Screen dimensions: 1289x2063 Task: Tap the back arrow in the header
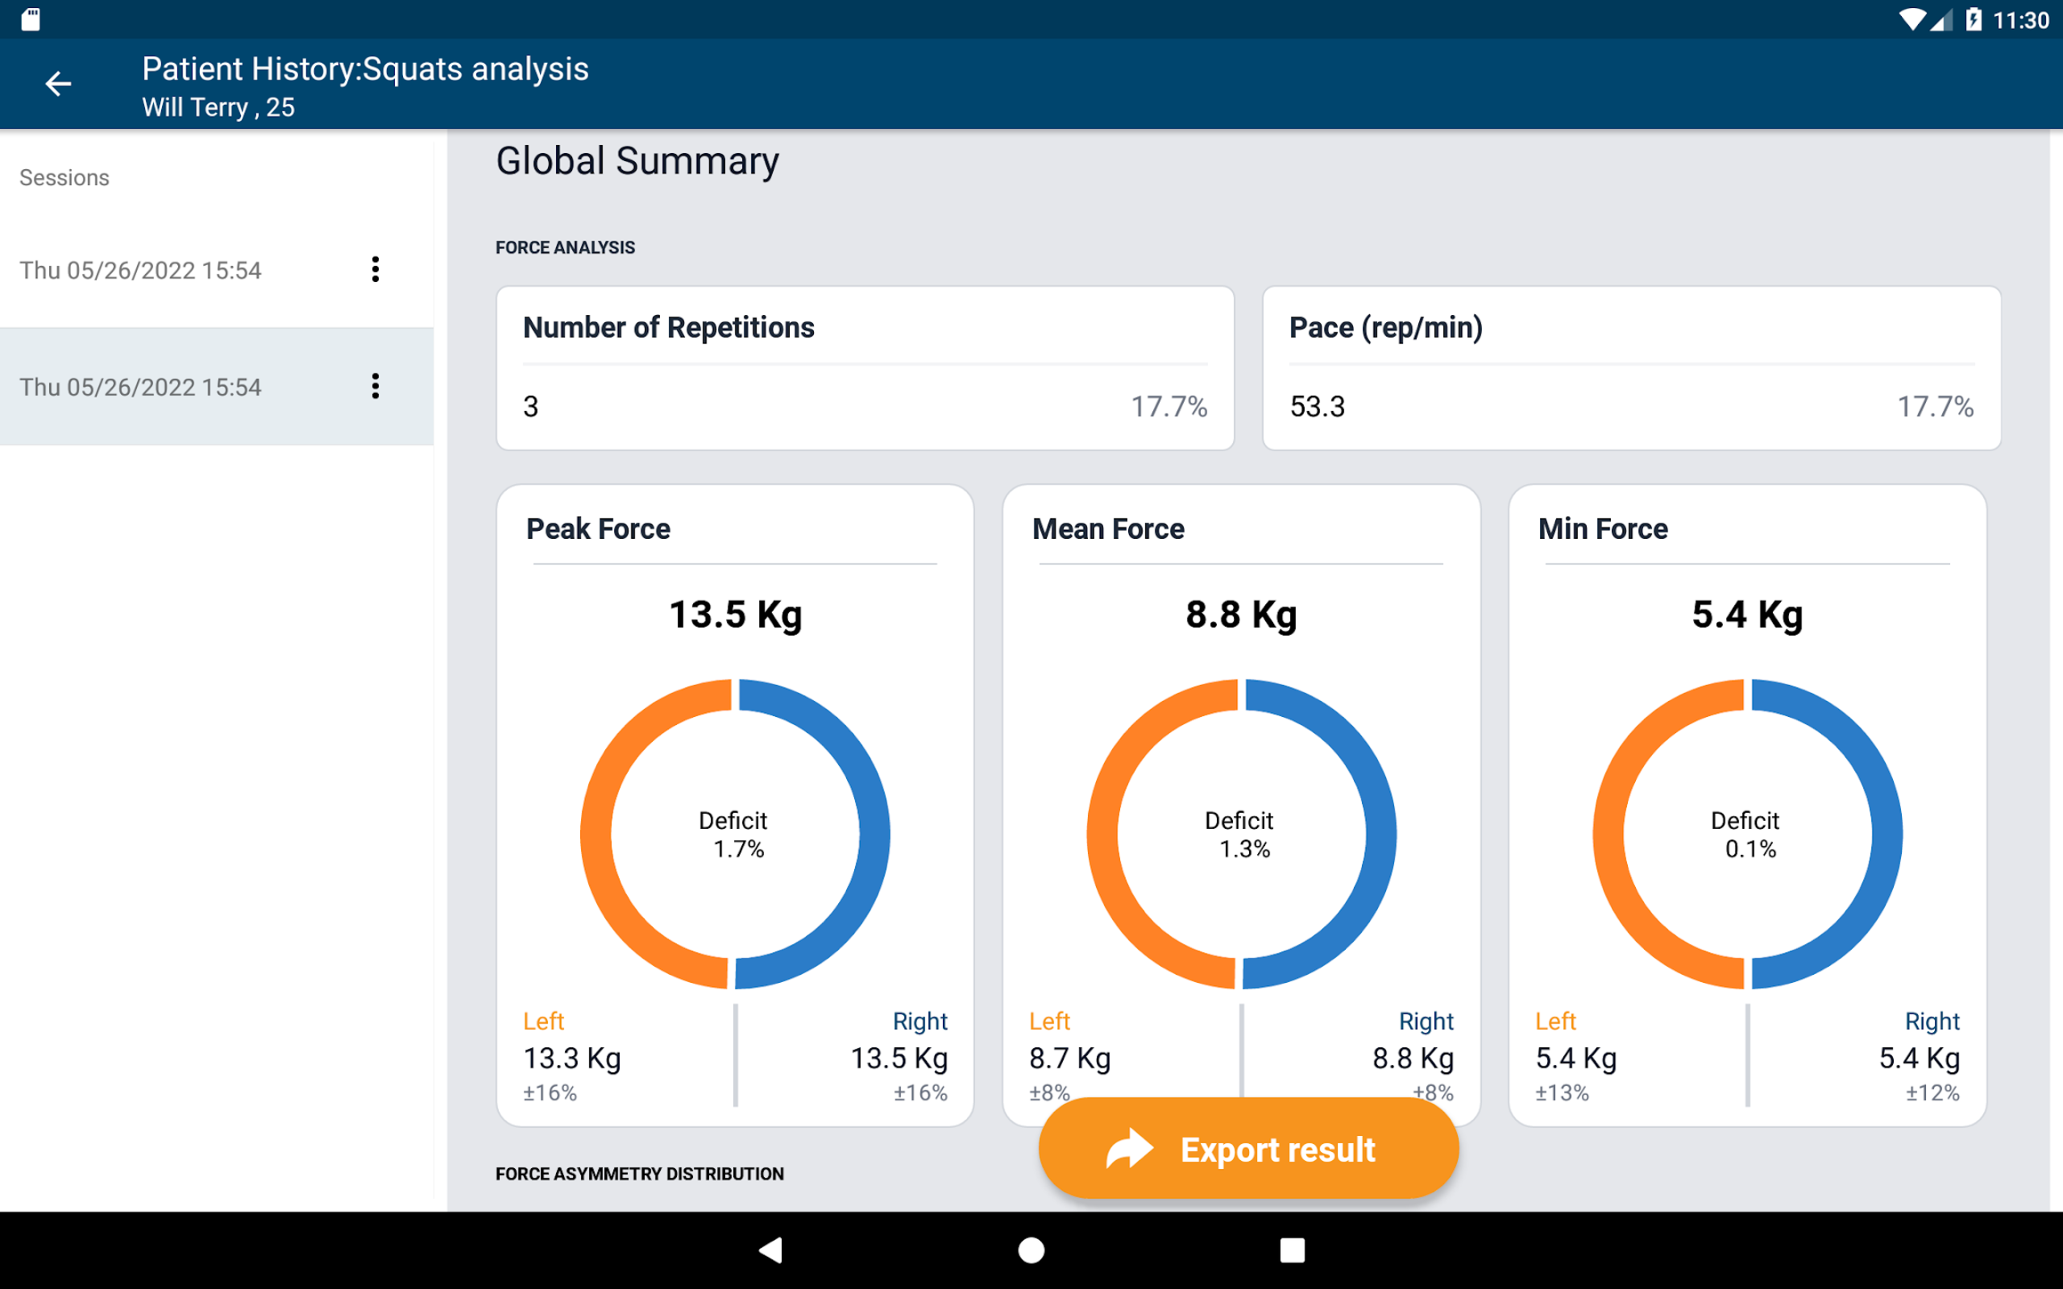(x=58, y=84)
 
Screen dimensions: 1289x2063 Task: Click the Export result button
(x=1248, y=1149)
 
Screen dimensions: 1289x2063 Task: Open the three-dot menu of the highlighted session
(x=375, y=386)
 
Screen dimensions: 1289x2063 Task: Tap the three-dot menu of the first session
(x=375, y=269)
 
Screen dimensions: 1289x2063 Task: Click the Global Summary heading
(x=637, y=161)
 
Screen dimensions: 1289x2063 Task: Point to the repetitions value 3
(x=531, y=407)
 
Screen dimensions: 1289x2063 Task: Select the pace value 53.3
(x=1317, y=407)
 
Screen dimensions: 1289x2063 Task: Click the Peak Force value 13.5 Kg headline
(x=735, y=615)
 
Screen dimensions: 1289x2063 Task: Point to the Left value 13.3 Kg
(x=572, y=1058)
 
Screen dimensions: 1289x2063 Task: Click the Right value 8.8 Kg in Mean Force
(x=1413, y=1058)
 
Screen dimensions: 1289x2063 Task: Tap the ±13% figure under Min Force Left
(x=1562, y=1093)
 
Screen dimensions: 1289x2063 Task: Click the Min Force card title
(x=1603, y=528)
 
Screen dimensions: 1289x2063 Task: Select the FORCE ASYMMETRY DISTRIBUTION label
(x=639, y=1174)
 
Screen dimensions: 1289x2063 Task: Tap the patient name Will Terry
(x=194, y=107)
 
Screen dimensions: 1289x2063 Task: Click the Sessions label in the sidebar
(x=64, y=177)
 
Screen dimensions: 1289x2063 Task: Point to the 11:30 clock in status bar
(x=2020, y=20)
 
